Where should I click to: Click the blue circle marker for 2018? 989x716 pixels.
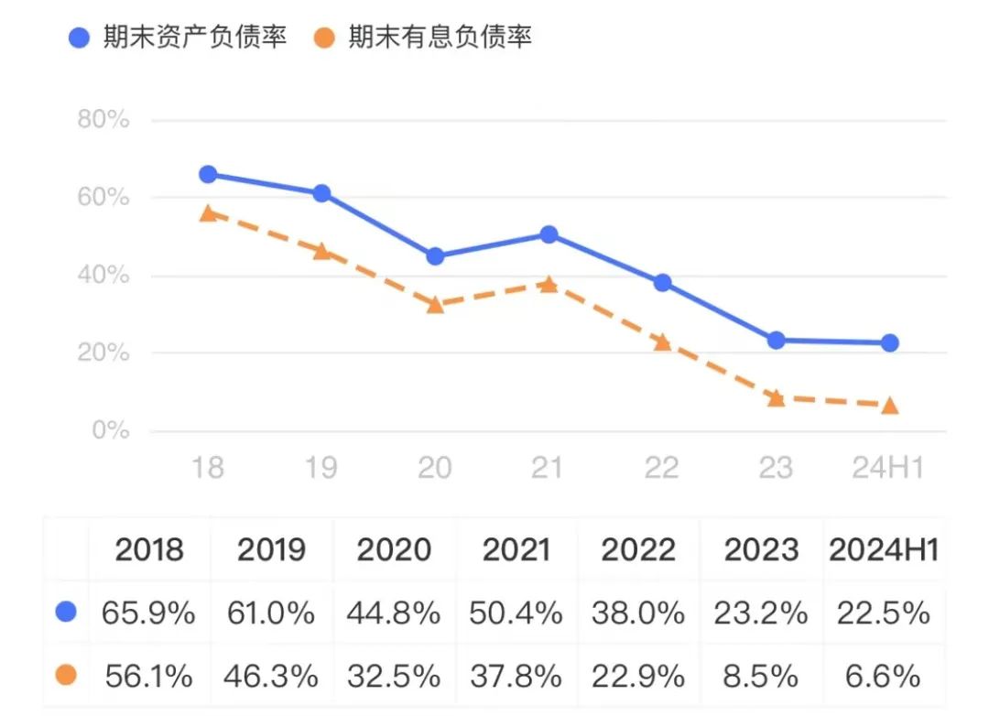(x=208, y=174)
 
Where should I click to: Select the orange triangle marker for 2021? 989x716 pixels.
(x=549, y=284)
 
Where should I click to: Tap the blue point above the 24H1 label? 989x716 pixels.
(x=889, y=342)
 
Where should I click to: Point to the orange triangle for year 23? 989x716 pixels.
(x=776, y=397)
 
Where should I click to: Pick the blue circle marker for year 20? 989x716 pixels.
(x=435, y=256)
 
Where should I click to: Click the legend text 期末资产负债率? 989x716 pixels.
(x=195, y=38)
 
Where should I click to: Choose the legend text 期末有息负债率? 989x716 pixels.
(x=440, y=38)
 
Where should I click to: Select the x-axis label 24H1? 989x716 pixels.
(x=887, y=467)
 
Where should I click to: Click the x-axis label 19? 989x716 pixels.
(x=321, y=467)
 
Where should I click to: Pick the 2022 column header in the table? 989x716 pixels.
(x=638, y=549)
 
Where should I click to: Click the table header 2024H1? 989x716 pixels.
(x=884, y=549)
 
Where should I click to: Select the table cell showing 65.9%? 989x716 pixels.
(x=148, y=613)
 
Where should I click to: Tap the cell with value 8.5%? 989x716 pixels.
(x=762, y=676)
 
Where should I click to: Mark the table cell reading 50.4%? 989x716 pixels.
(x=516, y=613)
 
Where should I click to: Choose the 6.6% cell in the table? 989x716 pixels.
(x=884, y=676)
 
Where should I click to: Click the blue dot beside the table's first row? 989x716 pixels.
(x=66, y=612)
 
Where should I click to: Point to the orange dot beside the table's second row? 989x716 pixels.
(x=66, y=675)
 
